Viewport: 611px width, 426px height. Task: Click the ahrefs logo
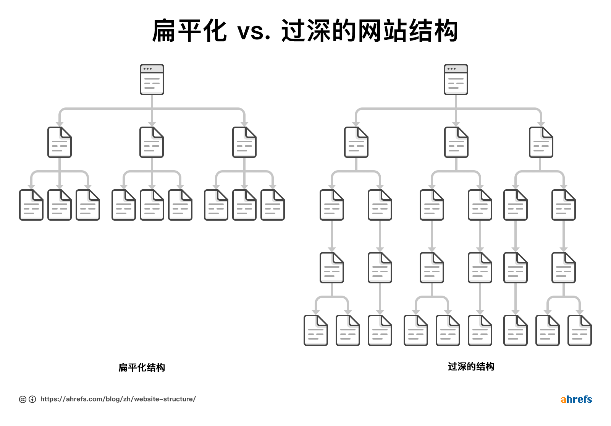[576, 399]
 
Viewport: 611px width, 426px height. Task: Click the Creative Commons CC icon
[23, 399]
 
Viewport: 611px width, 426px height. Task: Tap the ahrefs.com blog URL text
[118, 399]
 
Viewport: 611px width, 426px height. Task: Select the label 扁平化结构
[142, 367]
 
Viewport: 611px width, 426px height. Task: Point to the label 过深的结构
[471, 367]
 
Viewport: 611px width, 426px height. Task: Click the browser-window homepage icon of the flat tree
[152, 80]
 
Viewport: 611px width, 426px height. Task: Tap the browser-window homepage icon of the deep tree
[456, 80]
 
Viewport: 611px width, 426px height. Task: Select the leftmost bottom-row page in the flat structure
[31, 205]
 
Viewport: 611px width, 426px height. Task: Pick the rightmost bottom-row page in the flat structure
[272, 205]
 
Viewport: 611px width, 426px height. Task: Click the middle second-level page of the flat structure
[152, 142]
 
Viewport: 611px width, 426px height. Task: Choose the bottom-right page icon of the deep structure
[579, 330]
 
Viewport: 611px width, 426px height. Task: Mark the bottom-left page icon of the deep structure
[315, 330]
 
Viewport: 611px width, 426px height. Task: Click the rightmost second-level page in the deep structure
[541, 142]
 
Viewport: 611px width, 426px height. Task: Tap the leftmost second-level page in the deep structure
[356, 142]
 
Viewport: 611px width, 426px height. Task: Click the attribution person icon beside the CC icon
[32, 399]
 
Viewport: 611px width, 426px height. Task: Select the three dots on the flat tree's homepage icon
[147, 69]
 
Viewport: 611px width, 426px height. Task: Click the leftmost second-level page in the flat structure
[59, 142]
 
